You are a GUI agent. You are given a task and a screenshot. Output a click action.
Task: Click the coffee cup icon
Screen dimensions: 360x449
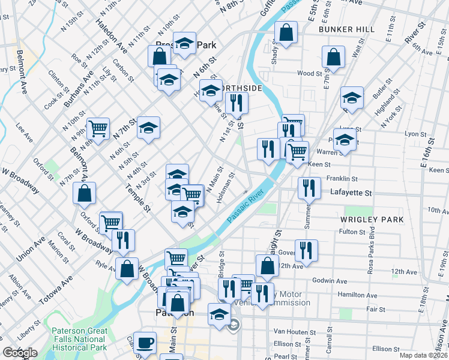(144, 344)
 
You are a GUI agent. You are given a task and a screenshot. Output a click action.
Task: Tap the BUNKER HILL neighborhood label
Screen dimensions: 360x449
(347, 29)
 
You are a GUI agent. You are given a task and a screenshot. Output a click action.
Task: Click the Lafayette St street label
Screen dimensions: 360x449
(351, 193)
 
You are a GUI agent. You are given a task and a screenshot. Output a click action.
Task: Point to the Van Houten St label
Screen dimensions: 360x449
(294, 331)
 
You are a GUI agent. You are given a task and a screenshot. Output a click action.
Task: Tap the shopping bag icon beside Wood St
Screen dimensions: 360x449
(333, 57)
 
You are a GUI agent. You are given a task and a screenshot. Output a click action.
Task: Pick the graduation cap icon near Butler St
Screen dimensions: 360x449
(352, 97)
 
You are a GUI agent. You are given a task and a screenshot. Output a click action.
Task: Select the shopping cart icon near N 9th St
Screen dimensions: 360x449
(98, 127)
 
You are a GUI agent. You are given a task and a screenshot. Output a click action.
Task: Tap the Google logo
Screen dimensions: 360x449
(20, 353)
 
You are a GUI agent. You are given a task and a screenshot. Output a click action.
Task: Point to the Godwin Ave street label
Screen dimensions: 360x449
(330, 281)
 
